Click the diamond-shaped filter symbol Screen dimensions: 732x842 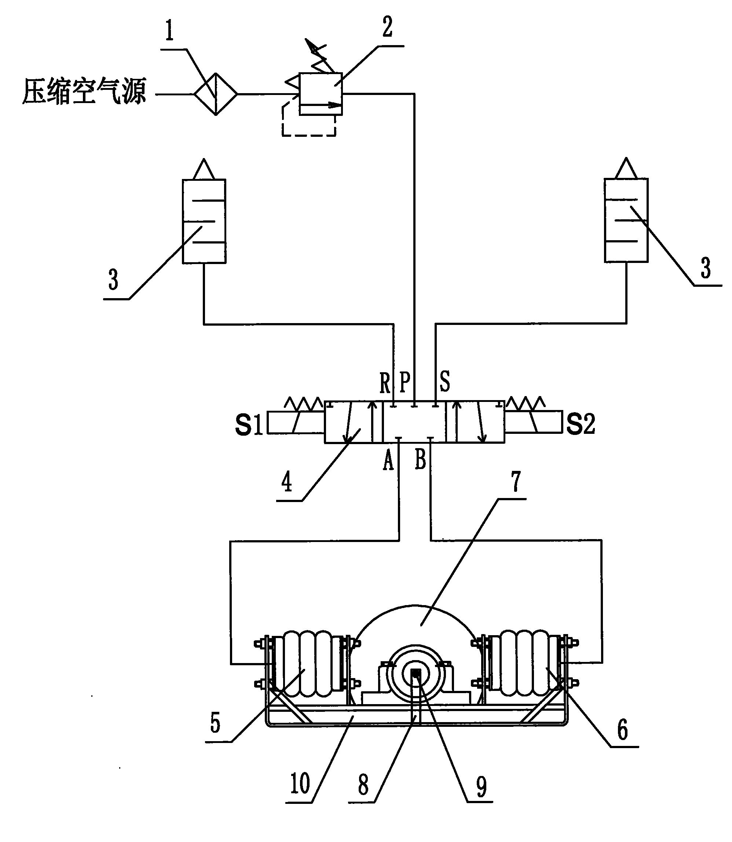[216, 94]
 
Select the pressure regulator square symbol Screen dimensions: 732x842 [321, 94]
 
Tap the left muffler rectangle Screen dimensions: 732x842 [204, 221]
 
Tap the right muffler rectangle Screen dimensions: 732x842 [626, 220]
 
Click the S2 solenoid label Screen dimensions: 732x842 [581, 423]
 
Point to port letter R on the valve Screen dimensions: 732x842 [385, 383]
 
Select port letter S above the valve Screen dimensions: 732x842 [444, 381]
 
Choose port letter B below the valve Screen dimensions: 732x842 [420, 459]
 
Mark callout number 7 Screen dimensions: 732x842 [516, 482]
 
